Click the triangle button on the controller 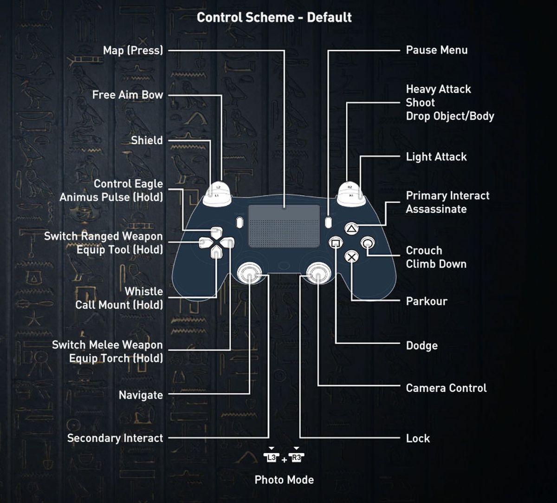pos(351,229)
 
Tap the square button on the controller pos(336,242)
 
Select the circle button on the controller pos(368,242)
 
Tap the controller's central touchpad pos(284,226)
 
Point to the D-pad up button pos(216,232)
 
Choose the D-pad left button pos(205,242)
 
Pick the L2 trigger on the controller pos(218,187)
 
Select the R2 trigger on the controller pos(350,187)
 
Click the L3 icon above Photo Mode pos(272,457)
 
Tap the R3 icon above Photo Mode pos(296,457)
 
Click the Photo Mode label pos(284,480)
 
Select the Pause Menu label pos(436,50)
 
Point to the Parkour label pos(426,301)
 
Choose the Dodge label pos(421,346)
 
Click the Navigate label pos(141,395)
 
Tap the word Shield pos(147,140)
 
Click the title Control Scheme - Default pos(274,18)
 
